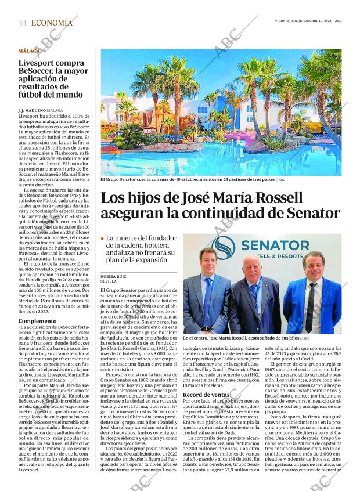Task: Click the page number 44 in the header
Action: (23, 23)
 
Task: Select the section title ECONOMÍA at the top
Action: (52, 23)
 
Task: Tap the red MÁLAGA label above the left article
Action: (30, 52)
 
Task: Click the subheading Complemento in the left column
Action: (37, 320)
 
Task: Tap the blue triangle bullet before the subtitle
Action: (103, 239)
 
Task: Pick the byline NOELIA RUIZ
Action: (113, 277)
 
